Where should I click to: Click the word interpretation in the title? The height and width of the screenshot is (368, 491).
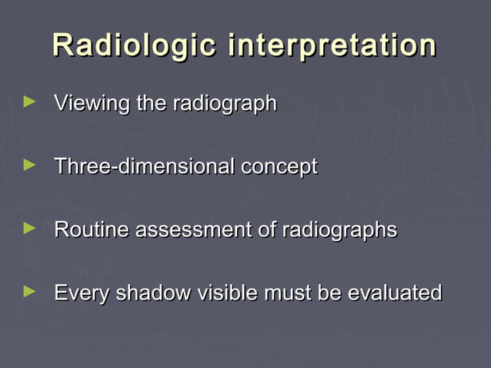click(332, 45)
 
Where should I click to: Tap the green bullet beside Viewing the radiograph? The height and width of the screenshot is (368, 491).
click(30, 101)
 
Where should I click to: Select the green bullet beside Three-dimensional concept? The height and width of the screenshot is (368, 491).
click(30, 164)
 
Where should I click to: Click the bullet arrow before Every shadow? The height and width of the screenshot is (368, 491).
click(30, 290)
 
